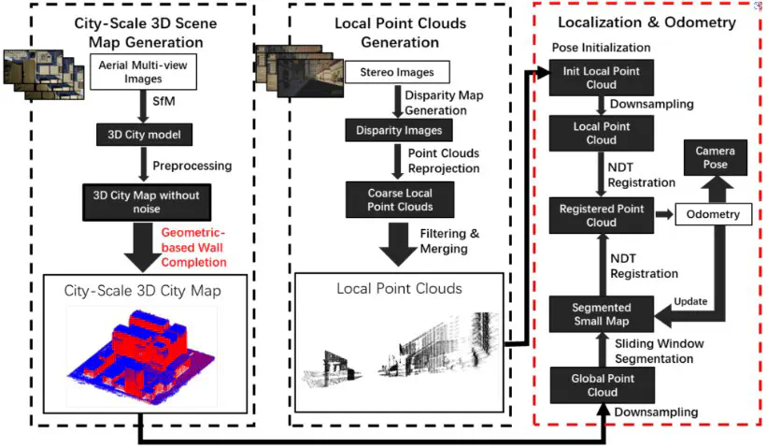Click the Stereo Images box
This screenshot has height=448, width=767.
[397, 71]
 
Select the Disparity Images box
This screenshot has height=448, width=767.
[396, 130]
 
